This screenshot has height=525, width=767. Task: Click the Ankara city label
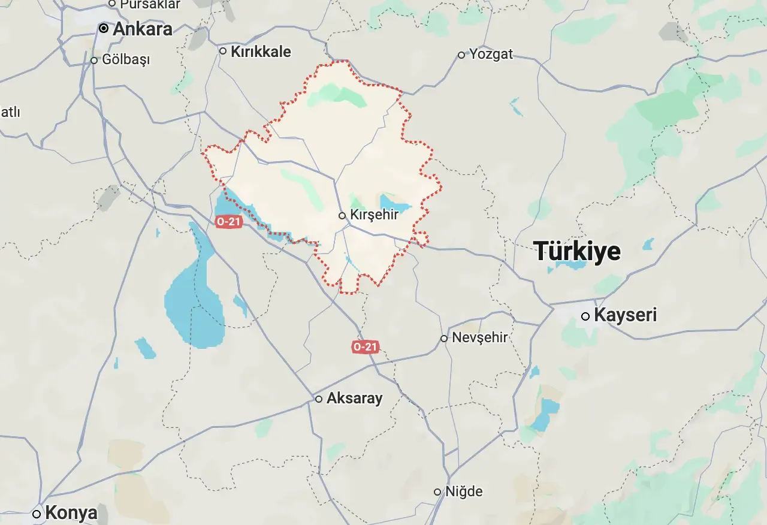143,29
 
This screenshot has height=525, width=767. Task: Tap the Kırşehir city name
374,215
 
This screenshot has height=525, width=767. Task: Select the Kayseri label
625,315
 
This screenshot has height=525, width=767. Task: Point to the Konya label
71,513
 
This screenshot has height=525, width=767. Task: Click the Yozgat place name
491,54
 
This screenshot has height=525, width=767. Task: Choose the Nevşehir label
479,337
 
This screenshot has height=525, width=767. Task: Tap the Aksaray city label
354,399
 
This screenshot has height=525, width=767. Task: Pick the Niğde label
463,491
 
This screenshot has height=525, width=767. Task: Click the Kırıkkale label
261,52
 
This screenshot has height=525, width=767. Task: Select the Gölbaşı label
126,60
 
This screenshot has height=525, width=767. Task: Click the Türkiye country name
577,251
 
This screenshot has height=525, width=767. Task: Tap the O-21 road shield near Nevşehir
365,347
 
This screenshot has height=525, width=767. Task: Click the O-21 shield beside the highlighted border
228,222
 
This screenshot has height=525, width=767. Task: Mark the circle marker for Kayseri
585,316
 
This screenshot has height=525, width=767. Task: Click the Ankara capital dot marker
104,28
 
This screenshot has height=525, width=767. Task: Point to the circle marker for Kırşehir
342,215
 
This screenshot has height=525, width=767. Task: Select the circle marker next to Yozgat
461,55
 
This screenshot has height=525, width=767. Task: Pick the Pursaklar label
150,4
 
